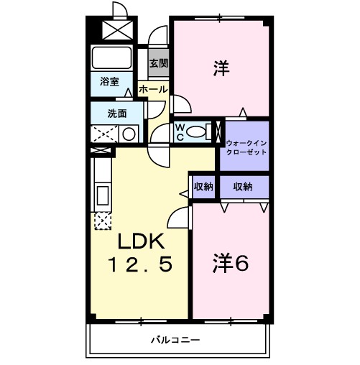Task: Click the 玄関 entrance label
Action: click(x=159, y=63)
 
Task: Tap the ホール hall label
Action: click(x=152, y=90)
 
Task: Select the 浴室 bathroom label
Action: click(x=110, y=82)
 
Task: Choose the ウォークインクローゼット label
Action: click(x=246, y=147)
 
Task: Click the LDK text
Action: click(x=141, y=242)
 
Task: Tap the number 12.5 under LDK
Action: click(x=141, y=266)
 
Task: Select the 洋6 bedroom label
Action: click(x=230, y=264)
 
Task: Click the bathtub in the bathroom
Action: click(x=111, y=57)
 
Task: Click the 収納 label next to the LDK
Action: click(x=203, y=186)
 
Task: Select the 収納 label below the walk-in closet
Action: click(x=242, y=186)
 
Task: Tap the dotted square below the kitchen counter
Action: click(x=102, y=221)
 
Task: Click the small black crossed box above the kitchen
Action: click(x=103, y=150)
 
